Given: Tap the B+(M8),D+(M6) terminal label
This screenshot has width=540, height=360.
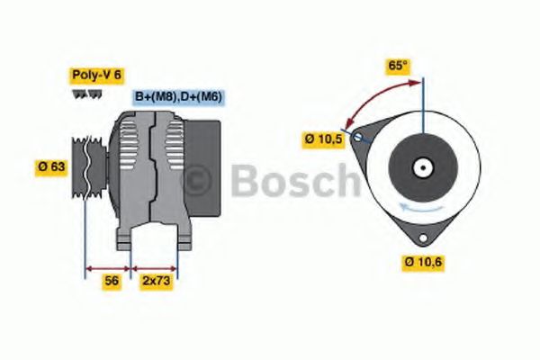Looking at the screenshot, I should click(178, 96).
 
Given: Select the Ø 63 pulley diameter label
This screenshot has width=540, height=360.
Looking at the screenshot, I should click(50, 166).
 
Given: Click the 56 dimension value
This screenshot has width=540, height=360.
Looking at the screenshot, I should click(111, 281).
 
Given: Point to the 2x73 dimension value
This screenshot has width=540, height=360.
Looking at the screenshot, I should click(155, 281).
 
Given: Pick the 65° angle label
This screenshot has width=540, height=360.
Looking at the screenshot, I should click(399, 66).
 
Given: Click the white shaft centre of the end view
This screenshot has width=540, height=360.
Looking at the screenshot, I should click(420, 167).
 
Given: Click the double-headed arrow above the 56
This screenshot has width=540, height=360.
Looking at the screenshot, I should click(108, 267).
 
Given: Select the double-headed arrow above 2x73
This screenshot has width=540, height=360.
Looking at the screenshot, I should click(155, 267).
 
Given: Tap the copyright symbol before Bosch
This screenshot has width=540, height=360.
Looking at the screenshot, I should click(197, 182).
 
